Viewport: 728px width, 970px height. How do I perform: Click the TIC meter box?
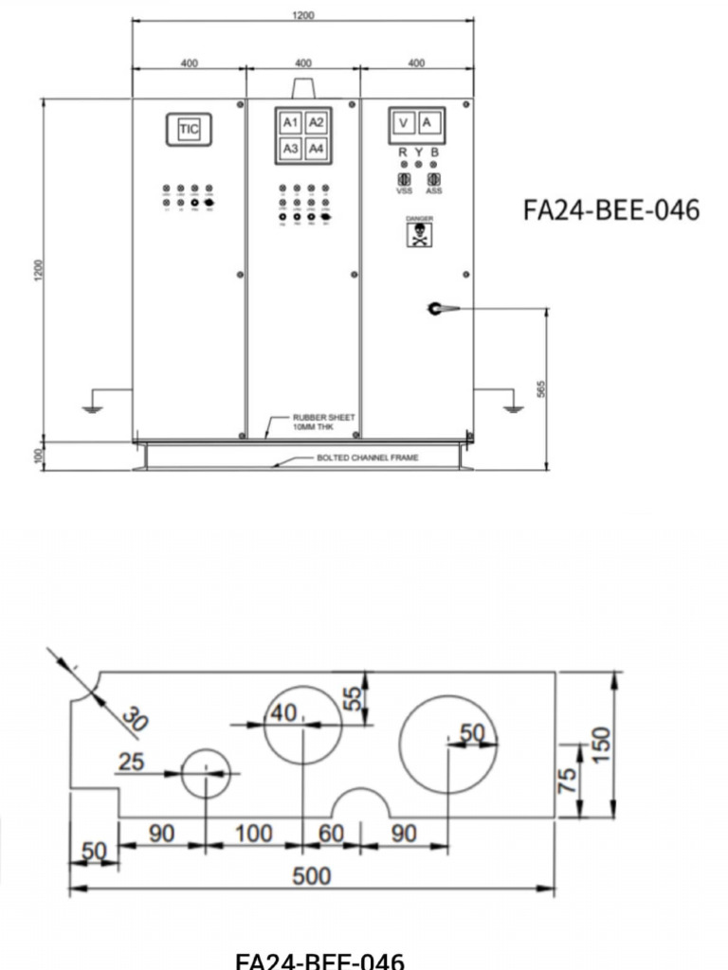pos(190,130)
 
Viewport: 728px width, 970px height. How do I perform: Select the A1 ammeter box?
pos(291,122)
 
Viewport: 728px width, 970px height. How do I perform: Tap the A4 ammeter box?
pos(316,149)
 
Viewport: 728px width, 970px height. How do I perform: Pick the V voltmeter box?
pos(403,122)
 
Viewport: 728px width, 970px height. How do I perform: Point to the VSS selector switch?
pos(403,179)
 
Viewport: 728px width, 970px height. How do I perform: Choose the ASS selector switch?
pos(434,179)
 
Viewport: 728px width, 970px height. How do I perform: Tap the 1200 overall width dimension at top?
pos(303,15)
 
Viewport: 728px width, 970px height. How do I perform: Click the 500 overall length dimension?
pos(311,876)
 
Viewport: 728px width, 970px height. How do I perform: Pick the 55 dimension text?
pos(353,699)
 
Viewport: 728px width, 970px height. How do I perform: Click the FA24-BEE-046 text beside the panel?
pos(611,209)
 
